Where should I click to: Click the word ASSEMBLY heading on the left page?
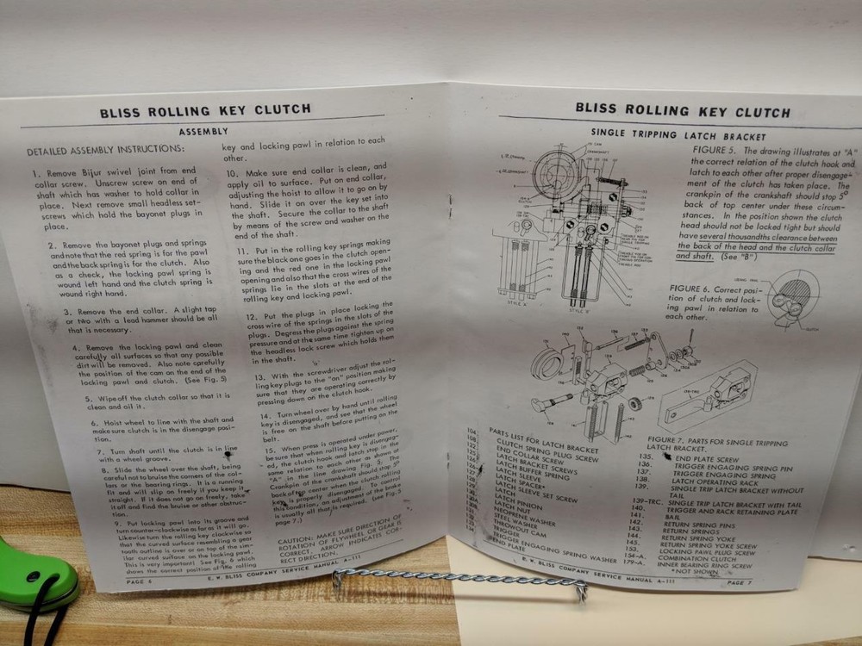[x=203, y=132]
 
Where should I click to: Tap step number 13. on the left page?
[x=259, y=377]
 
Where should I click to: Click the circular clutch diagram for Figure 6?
[x=796, y=301]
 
